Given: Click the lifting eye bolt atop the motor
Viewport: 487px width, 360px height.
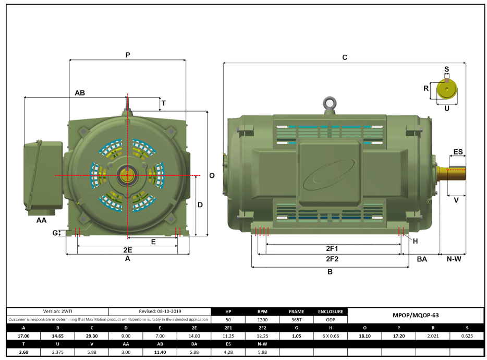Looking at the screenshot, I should [329, 103].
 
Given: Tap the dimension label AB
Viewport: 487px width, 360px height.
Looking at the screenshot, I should [80, 93].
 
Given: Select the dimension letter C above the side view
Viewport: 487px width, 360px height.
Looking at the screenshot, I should [345, 58].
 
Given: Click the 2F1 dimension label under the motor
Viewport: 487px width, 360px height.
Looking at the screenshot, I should [332, 248].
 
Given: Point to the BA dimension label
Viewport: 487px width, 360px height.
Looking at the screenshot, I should [422, 259].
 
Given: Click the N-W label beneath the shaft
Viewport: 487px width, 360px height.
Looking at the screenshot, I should [454, 259].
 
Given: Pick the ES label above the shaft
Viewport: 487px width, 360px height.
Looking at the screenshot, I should [458, 152].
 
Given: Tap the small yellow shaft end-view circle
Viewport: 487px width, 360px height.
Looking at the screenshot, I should [446, 90].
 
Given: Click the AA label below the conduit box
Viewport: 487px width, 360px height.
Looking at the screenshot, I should [41, 221].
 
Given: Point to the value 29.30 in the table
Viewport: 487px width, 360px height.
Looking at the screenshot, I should [92, 336].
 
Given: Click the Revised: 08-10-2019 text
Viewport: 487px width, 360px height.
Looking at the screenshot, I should [159, 311].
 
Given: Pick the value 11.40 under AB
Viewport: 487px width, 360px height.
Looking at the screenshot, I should [159, 353].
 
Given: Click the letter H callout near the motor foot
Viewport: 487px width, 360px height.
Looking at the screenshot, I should [416, 241].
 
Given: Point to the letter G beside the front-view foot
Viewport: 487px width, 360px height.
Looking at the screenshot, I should [55, 233].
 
